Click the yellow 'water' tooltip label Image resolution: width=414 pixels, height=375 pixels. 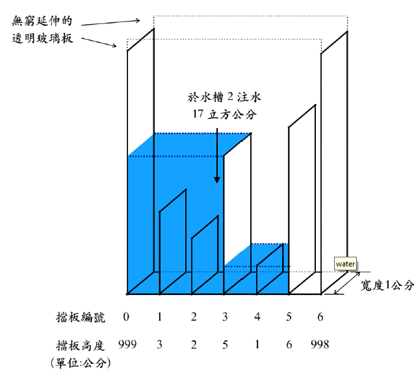click(x=345, y=264)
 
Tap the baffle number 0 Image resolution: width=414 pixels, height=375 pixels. click(x=126, y=317)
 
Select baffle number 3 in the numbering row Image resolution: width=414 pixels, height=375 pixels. click(x=225, y=317)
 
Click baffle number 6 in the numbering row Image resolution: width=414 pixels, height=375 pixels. click(x=320, y=317)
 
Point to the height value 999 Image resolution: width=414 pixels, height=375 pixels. click(x=127, y=344)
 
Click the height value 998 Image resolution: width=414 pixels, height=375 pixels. click(x=320, y=344)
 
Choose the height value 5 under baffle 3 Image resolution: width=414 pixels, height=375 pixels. click(x=225, y=344)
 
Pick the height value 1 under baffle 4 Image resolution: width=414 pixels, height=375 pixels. click(x=257, y=344)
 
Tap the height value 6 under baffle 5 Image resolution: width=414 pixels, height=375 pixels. click(x=289, y=344)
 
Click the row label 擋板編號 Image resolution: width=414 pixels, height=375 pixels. click(x=81, y=317)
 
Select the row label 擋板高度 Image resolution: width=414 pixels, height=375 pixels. click(x=81, y=345)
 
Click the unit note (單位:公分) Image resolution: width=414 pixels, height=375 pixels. click(x=81, y=363)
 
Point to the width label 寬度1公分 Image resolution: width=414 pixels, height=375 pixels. click(x=387, y=285)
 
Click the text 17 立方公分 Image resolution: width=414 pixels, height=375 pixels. click(x=224, y=114)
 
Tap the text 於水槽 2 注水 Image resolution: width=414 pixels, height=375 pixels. click(x=224, y=97)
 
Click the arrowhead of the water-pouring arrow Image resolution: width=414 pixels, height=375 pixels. click(x=217, y=180)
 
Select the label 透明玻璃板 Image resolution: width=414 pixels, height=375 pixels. click(x=42, y=38)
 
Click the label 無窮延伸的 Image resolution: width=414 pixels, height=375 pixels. click(x=42, y=21)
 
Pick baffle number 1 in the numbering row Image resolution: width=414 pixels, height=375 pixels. click(x=159, y=317)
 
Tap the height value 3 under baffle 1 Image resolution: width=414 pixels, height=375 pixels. click(x=159, y=344)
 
